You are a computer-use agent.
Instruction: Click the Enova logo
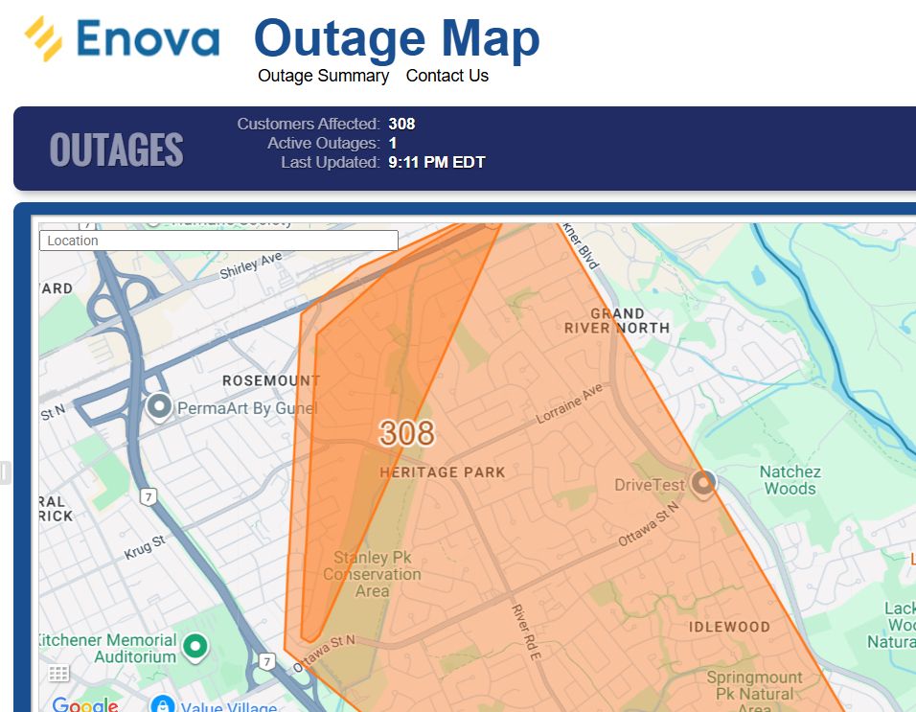tap(123, 39)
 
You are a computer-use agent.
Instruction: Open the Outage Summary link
tap(323, 76)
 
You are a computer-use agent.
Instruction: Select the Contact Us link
tap(447, 76)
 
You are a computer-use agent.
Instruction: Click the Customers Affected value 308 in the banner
tap(401, 124)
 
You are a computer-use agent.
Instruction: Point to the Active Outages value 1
tap(393, 143)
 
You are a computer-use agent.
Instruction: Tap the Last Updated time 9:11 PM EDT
tap(436, 162)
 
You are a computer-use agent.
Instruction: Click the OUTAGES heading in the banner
tap(116, 149)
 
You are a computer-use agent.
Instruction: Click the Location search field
tap(218, 241)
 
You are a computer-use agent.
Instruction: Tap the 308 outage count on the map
tap(406, 433)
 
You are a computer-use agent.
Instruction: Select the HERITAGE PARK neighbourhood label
tap(442, 472)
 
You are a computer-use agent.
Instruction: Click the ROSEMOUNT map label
tap(271, 380)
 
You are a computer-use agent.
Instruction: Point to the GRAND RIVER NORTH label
tap(617, 320)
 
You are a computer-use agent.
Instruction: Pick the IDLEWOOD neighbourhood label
tap(729, 627)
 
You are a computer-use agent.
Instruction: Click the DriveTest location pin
tap(704, 483)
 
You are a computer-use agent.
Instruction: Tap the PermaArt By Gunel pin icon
tap(159, 407)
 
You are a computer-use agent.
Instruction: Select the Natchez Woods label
tap(790, 479)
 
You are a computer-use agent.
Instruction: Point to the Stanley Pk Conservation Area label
tap(372, 574)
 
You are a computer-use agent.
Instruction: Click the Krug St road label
tap(144, 548)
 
